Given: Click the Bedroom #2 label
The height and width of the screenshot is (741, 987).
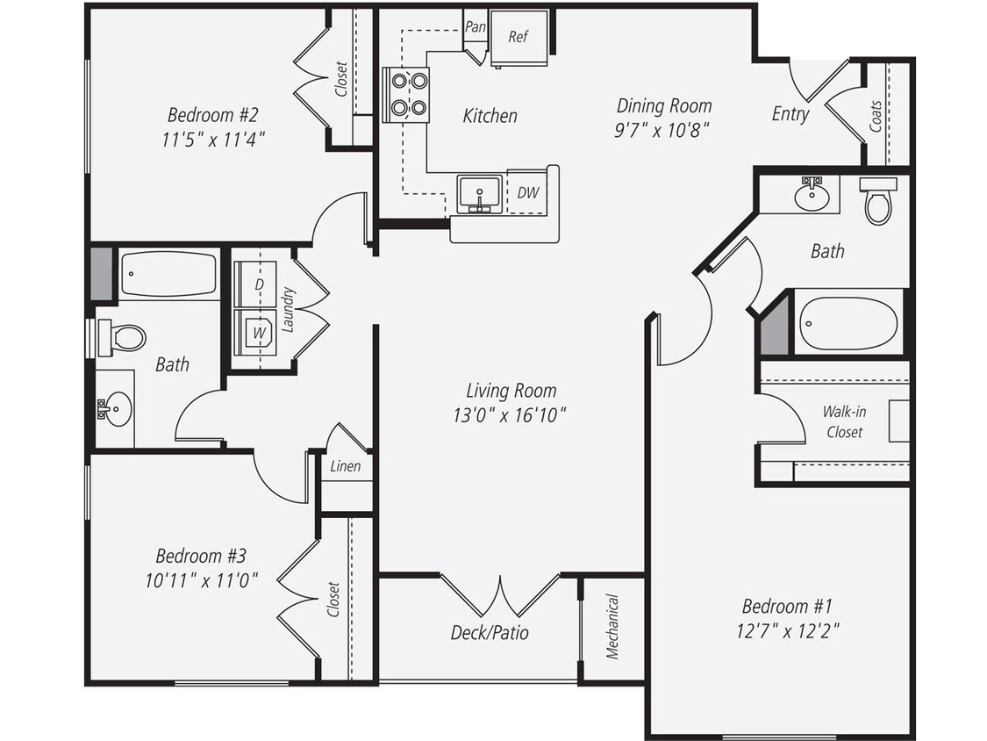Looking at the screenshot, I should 211,115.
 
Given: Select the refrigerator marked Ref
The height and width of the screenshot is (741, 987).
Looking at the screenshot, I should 519,37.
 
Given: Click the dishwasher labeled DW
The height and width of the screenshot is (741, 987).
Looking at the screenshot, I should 527,192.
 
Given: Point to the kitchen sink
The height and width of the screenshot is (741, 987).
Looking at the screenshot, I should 479,192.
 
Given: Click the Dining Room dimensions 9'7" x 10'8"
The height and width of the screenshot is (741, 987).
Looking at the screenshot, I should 663,128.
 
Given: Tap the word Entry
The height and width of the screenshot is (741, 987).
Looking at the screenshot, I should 790,114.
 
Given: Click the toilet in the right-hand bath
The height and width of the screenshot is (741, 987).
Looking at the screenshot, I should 877,201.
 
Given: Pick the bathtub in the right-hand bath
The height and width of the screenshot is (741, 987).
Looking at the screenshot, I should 848,323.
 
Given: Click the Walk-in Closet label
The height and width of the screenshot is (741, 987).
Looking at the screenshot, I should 842,421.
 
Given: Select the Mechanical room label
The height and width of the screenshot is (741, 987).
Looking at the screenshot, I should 612,627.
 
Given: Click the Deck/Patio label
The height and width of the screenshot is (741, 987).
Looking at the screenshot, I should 490,632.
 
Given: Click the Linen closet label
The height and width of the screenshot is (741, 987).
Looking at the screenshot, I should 345,466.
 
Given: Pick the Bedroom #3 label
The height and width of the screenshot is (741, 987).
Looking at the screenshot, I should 201,556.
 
